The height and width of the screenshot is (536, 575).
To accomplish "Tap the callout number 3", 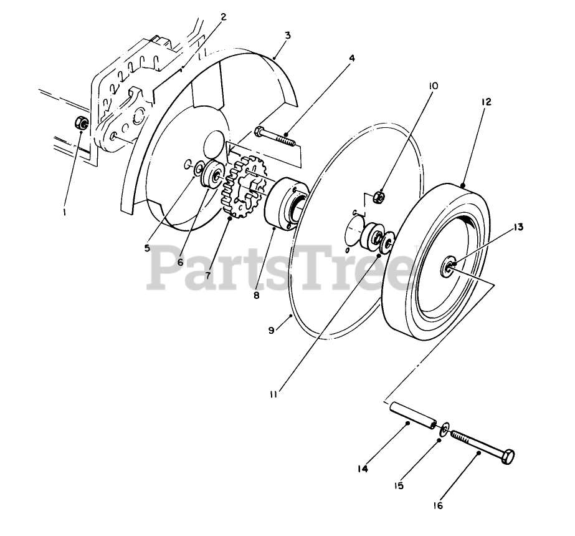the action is pyautogui.click(x=287, y=35).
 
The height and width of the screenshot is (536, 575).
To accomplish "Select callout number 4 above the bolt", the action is pyautogui.click(x=352, y=58).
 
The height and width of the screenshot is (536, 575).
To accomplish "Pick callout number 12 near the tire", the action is pyautogui.click(x=486, y=102).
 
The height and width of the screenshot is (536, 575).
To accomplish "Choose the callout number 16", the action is pyautogui.click(x=439, y=505).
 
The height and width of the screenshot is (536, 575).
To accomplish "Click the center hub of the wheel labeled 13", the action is pyautogui.click(x=449, y=267).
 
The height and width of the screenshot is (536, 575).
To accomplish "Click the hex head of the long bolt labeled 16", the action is pyautogui.click(x=509, y=456).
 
